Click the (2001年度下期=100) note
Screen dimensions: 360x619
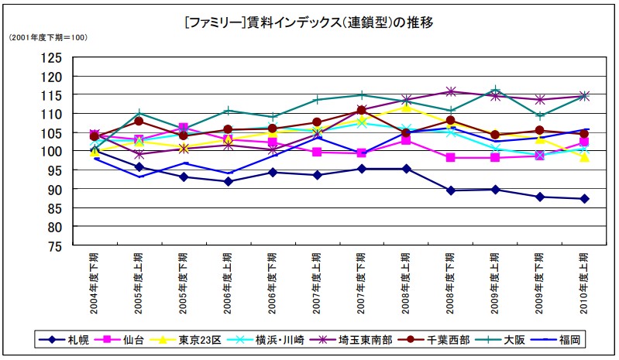coord(47,38)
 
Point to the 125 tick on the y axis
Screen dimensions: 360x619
coord(51,57)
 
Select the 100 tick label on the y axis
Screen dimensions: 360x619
coord(51,152)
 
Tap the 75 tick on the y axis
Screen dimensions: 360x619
coord(54,246)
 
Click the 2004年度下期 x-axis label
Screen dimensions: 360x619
coord(94,283)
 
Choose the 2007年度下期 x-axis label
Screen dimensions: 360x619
coord(361,283)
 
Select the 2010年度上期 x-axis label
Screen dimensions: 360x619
coord(585,283)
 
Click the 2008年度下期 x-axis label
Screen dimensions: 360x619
coord(451,283)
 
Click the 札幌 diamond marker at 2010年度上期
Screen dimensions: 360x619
coord(585,199)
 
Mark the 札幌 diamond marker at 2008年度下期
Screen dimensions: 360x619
coord(451,190)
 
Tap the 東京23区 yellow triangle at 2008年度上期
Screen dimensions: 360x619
coord(406,107)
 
